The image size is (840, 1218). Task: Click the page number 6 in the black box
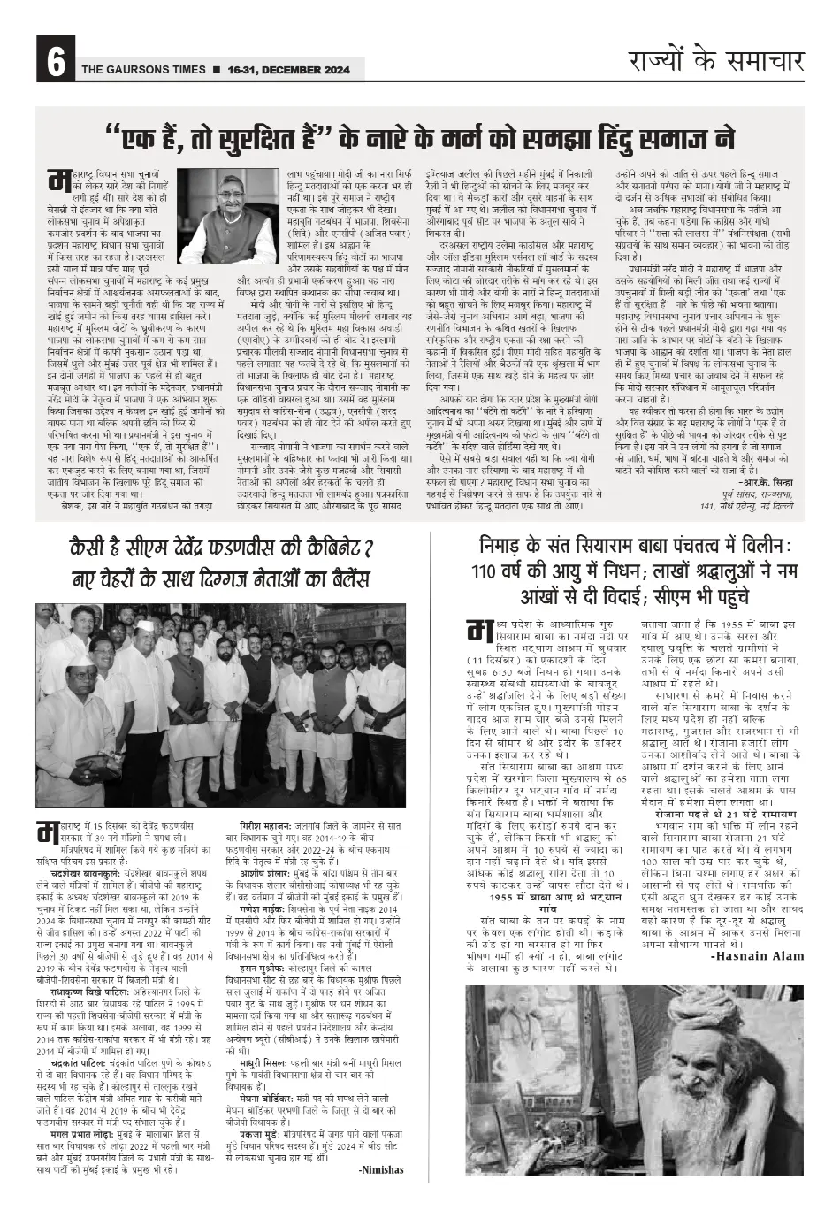point(55,64)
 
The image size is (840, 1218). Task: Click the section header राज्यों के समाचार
point(716,61)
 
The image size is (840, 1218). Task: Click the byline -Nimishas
point(381,1169)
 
